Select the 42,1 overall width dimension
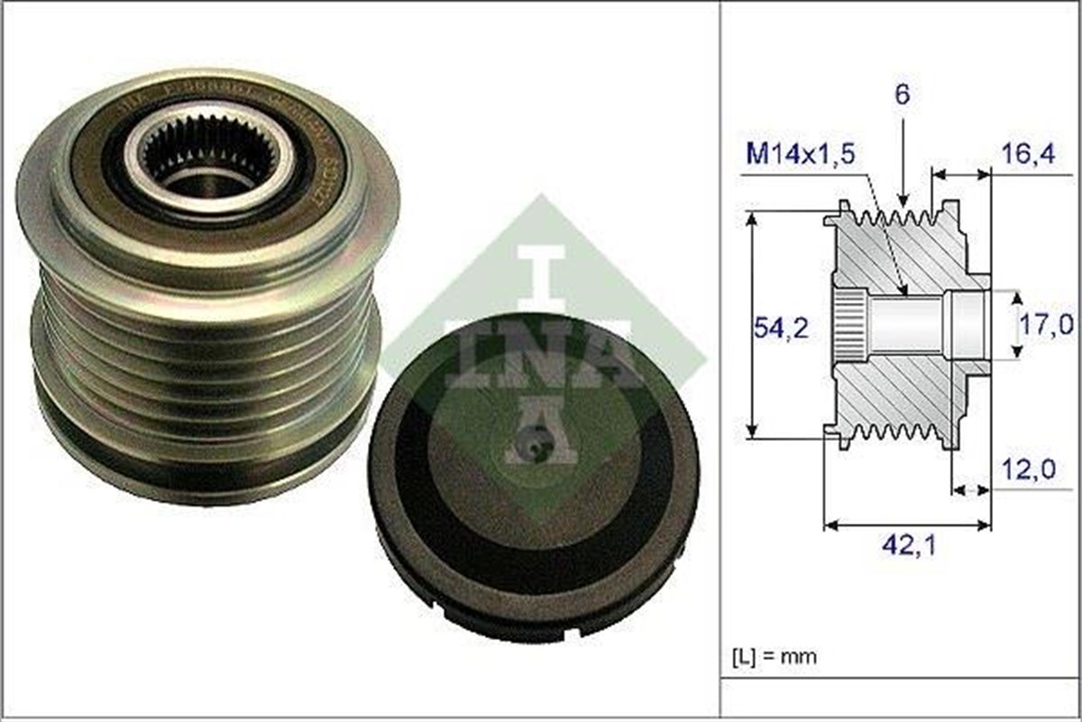pyautogui.click(x=908, y=546)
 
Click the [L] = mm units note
pyautogui.click(x=775, y=656)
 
